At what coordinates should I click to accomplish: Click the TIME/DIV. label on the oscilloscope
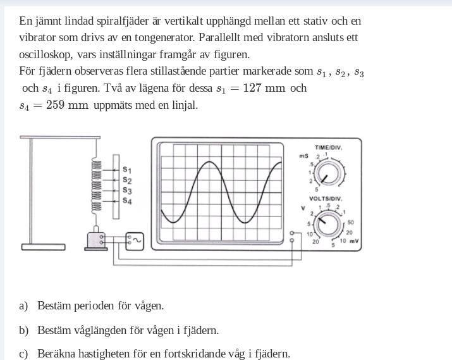(328, 147)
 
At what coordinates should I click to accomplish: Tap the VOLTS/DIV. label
(326, 199)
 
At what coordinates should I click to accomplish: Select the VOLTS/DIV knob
(328, 223)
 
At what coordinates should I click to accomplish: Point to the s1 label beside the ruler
(127, 170)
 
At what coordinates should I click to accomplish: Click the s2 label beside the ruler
(127, 180)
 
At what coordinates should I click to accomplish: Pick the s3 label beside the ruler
(127, 190)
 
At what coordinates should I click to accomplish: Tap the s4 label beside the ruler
(127, 201)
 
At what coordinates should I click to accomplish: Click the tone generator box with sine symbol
(134, 240)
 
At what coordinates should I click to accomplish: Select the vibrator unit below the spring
(97, 240)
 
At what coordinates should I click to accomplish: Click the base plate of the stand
(43, 247)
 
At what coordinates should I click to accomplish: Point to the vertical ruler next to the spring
(116, 187)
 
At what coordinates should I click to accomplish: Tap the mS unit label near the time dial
(303, 156)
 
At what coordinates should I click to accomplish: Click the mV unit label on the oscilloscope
(354, 241)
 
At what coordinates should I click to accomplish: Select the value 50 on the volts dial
(350, 223)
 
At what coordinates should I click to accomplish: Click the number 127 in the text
(252, 88)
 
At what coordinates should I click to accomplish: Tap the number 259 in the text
(55, 105)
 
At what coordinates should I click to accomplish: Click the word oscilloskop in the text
(46, 54)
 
